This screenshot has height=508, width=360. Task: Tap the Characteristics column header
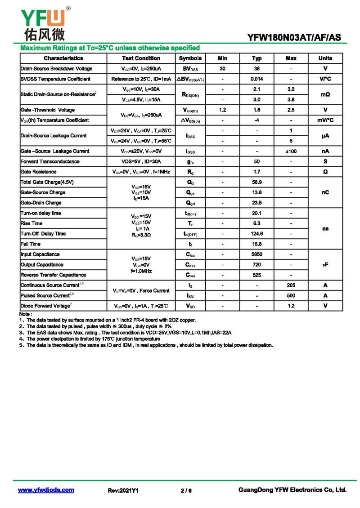click(x=63, y=58)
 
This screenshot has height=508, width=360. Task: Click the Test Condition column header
click(x=141, y=58)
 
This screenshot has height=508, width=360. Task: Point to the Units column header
click(x=325, y=58)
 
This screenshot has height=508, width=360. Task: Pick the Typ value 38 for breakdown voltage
click(x=257, y=69)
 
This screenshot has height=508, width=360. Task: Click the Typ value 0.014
click(x=257, y=79)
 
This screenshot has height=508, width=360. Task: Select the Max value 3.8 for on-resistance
click(x=291, y=100)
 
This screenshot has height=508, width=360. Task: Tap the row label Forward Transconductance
click(x=50, y=161)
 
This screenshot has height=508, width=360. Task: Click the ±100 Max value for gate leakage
click(x=291, y=152)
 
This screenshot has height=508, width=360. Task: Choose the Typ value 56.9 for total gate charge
click(x=257, y=182)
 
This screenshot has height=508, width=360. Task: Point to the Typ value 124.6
click(x=257, y=234)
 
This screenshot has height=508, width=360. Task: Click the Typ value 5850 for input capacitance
click(x=257, y=254)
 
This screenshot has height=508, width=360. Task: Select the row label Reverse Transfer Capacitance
click(x=53, y=275)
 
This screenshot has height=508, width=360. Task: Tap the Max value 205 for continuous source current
click(x=291, y=285)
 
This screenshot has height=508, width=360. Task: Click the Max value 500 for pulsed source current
click(x=291, y=296)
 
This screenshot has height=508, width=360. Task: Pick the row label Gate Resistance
click(x=38, y=172)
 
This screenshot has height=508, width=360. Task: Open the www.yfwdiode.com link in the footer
click(x=46, y=490)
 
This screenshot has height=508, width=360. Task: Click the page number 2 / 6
click(x=186, y=491)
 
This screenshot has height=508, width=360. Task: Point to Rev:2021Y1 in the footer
click(x=123, y=491)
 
